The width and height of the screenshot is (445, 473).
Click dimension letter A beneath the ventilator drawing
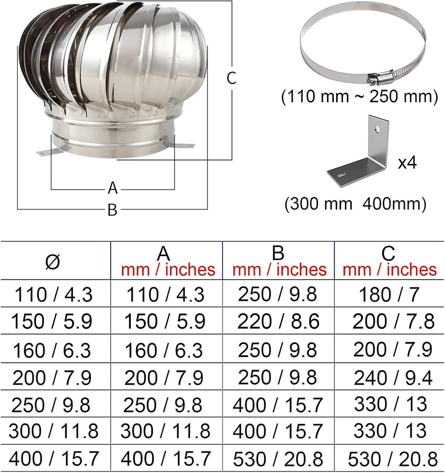click(x=113, y=188)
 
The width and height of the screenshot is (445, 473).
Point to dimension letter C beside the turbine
click(x=231, y=78)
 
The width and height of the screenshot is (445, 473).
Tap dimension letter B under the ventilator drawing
click(x=112, y=210)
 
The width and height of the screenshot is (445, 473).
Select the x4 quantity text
click(x=407, y=163)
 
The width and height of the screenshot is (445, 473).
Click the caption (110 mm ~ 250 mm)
click(x=359, y=96)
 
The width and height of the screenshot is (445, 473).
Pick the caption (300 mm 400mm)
click(x=355, y=204)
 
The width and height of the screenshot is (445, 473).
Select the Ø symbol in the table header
click(x=52, y=262)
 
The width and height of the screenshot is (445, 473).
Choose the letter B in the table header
click(x=278, y=253)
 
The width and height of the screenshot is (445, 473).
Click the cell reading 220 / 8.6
click(x=278, y=321)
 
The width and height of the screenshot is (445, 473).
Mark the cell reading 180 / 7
click(x=389, y=295)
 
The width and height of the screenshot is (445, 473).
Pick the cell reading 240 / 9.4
click(x=393, y=378)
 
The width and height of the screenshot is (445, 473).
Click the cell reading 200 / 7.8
click(x=393, y=321)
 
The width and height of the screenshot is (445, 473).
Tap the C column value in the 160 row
click(x=393, y=350)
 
